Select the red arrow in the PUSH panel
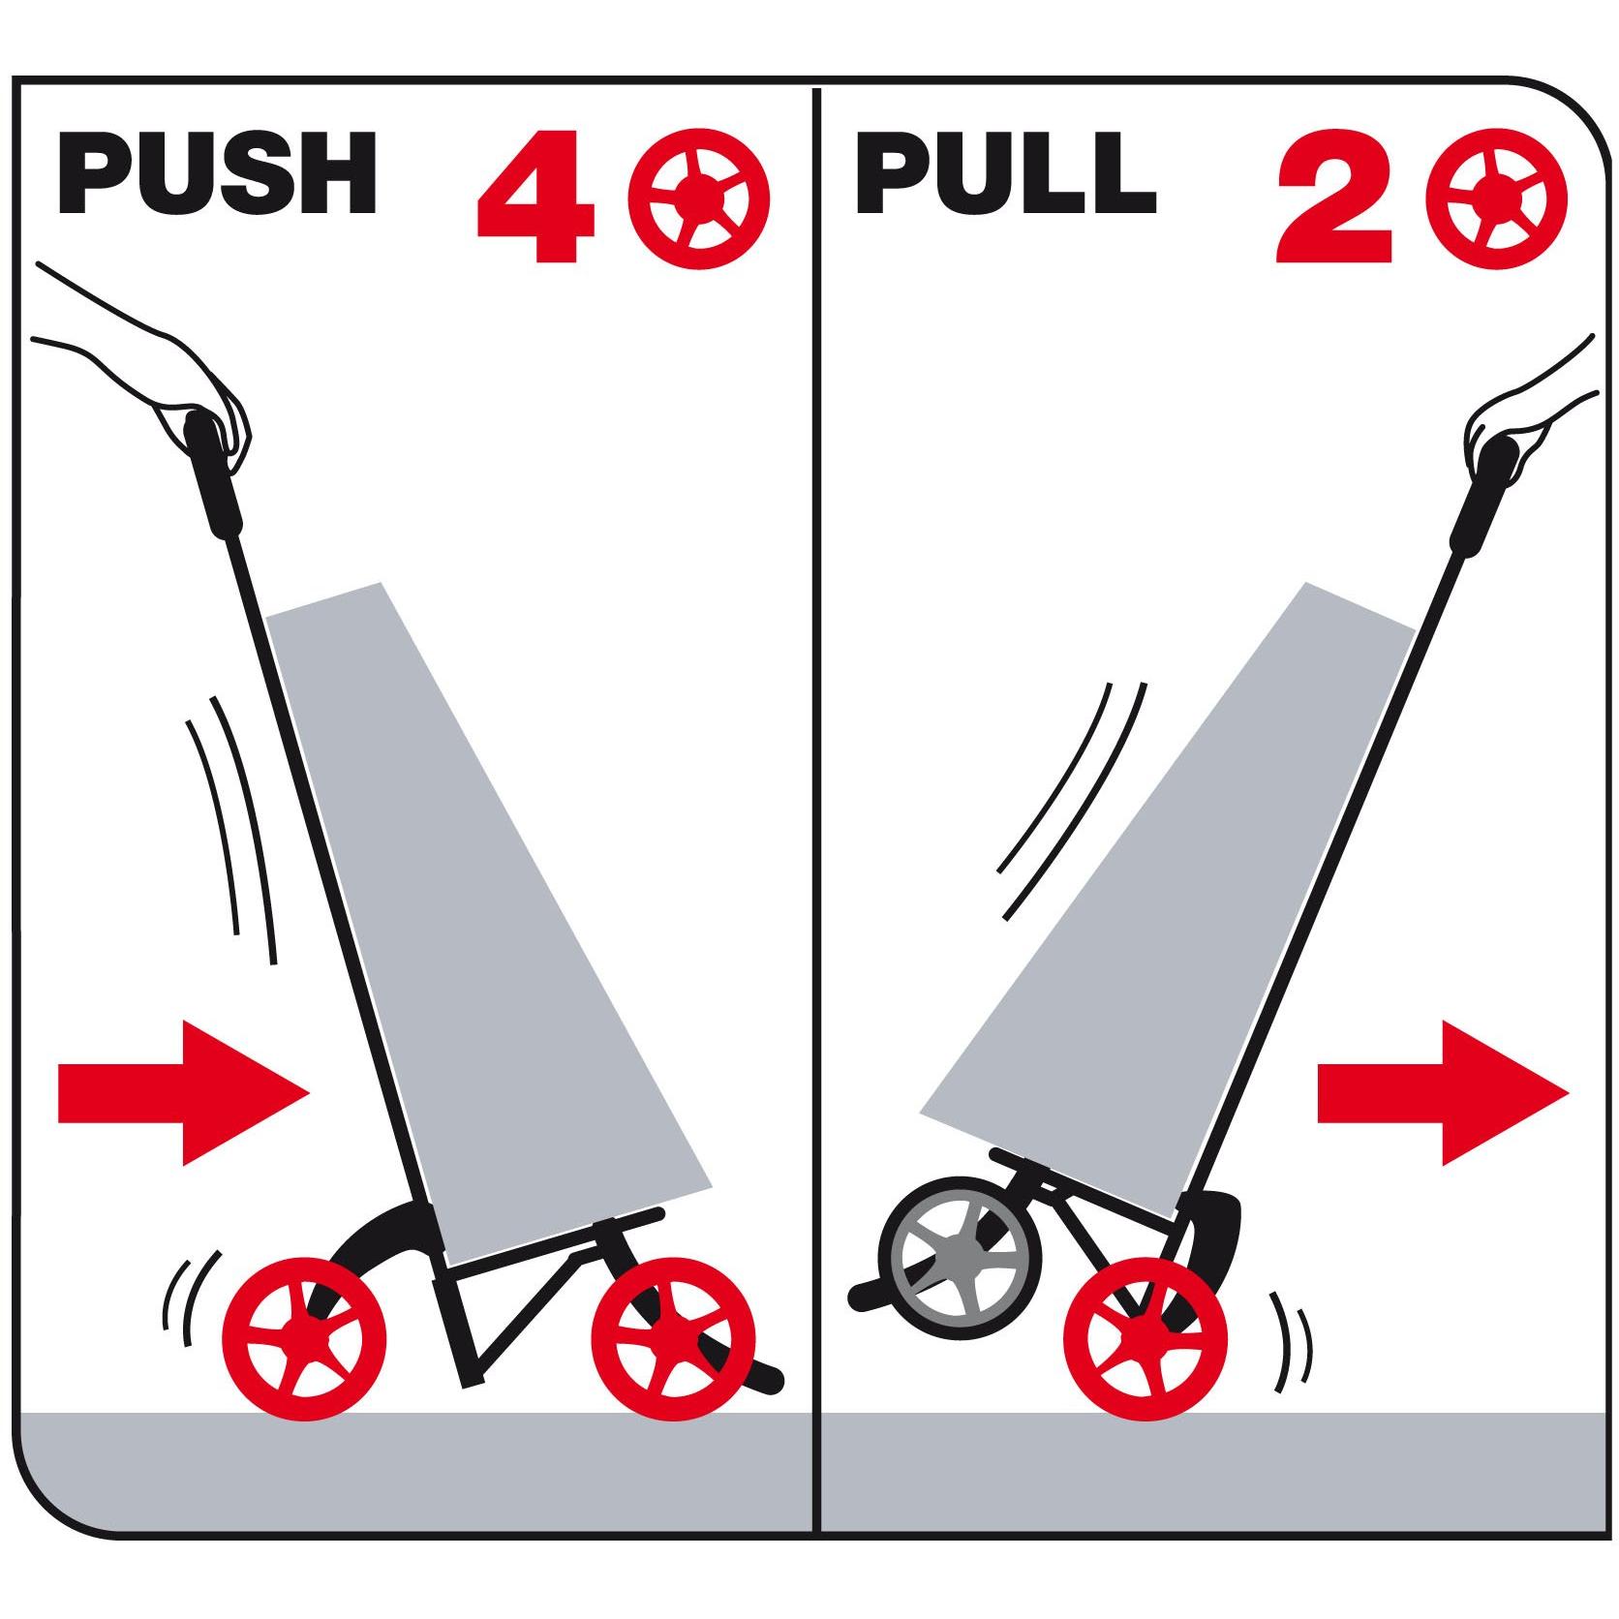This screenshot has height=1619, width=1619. point(184,1092)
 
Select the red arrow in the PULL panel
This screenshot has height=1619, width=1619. point(1442,1092)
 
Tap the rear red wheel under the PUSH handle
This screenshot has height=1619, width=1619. point(304,1339)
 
